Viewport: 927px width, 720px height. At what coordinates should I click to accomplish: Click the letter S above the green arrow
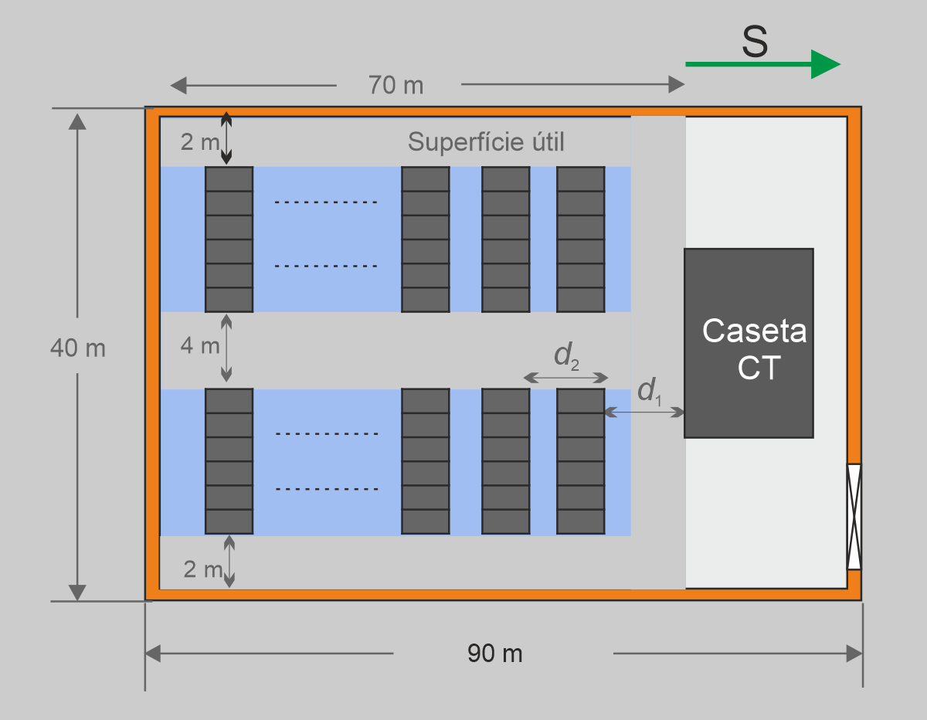(755, 43)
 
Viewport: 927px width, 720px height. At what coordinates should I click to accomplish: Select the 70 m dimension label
(396, 84)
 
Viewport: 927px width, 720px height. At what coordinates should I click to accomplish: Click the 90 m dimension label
(495, 654)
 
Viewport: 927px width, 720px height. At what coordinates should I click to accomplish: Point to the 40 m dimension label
(77, 348)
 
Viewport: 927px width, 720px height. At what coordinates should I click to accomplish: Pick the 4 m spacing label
(200, 345)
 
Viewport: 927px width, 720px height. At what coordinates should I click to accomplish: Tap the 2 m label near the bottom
(203, 569)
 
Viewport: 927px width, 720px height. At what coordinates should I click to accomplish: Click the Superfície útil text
(486, 142)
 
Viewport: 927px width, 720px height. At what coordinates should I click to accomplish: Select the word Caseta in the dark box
(754, 331)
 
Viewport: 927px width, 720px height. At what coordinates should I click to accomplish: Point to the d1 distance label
(649, 392)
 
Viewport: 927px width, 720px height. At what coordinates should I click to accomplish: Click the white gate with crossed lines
(854, 516)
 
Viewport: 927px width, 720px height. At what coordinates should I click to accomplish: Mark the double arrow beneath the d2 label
(565, 378)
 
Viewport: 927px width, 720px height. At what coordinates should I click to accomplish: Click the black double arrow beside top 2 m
(226, 138)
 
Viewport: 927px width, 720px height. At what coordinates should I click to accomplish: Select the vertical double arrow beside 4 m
(226, 348)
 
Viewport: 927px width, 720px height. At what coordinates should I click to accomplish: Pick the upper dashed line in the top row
(326, 203)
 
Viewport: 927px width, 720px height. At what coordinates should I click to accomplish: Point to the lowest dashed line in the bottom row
(326, 489)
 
